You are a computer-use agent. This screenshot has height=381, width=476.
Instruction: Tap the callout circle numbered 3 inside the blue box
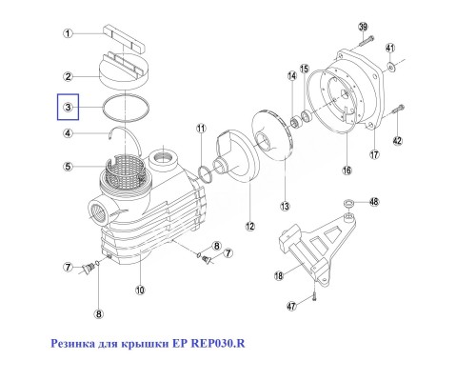pyautogui.click(x=69, y=110)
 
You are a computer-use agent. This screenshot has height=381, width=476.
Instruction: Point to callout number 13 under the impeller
pyautogui.click(x=283, y=206)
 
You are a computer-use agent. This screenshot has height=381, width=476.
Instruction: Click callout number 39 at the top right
pyautogui.click(x=363, y=26)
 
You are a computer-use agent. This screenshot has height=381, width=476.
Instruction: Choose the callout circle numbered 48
pyautogui.click(x=373, y=202)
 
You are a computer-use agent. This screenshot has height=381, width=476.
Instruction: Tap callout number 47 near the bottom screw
pyautogui.click(x=292, y=307)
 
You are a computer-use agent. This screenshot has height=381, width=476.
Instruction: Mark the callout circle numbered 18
pyautogui.click(x=279, y=276)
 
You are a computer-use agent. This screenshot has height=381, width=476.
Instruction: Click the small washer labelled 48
pyautogui.click(x=349, y=203)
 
